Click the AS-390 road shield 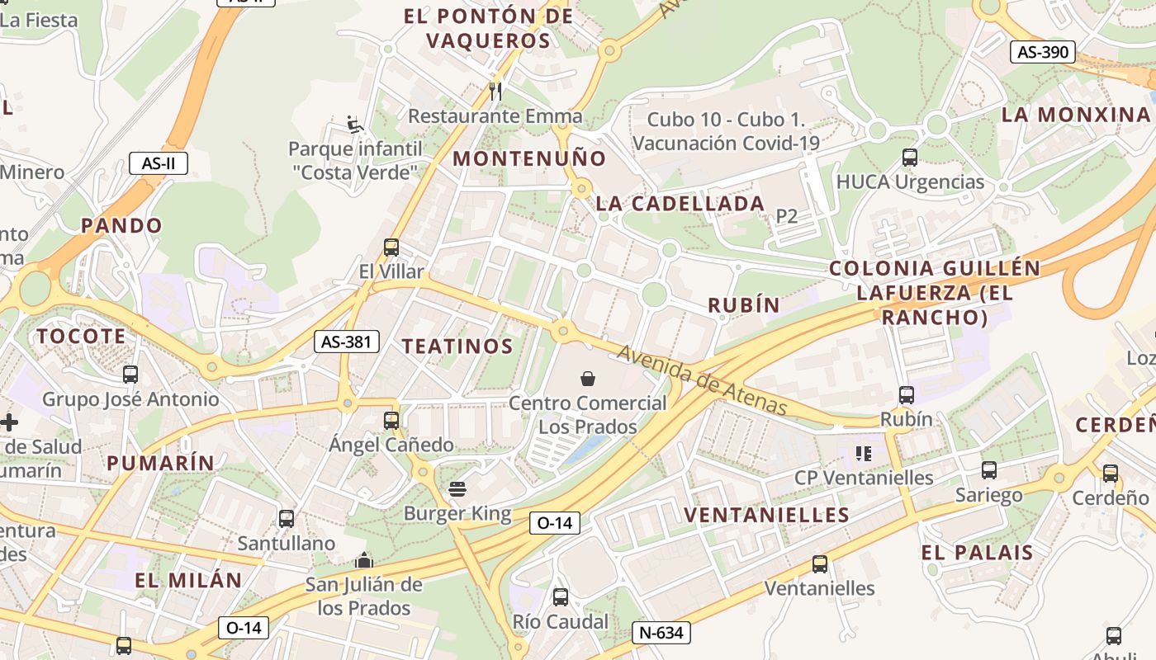tap(1042, 52)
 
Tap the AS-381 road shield tap(346, 342)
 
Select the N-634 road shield tap(661, 633)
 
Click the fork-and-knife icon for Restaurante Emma tap(495, 91)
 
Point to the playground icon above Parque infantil tap(355, 125)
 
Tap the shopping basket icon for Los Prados tap(588, 379)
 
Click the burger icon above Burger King tap(457, 489)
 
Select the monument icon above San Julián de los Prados tap(364, 561)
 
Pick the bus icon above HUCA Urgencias tap(910, 158)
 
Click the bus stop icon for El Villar tap(391, 247)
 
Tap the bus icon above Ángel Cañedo tap(391, 421)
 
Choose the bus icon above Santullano tap(287, 519)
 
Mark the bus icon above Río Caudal tap(561, 597)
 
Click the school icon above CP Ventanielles tap(864, 453)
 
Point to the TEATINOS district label tap(457, 346)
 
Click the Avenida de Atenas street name tap(702, 380)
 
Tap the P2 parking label tap(787, 216)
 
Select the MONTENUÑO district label tap(529, 158)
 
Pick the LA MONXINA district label tap(1076, 115)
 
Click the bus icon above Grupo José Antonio tap(130, 375)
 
